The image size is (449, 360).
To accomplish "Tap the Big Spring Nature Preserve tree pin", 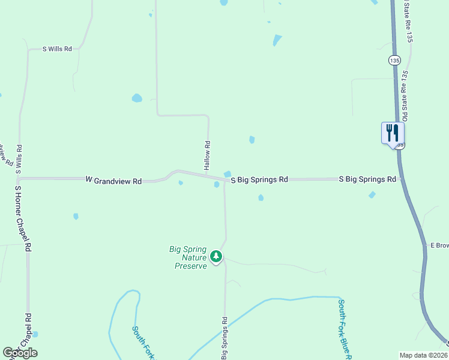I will [x=216, y=257].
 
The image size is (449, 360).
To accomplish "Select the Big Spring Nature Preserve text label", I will [x=188, y=257].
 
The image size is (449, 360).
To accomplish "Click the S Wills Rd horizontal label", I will [x=57, y=49].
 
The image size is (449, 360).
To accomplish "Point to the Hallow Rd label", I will [x=207, y=154].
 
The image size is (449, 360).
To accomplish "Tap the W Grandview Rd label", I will [x=114, y=180].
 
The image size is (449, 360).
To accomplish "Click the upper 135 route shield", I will [x=394, y=61].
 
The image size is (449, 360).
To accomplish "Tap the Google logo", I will [x=20, y=353].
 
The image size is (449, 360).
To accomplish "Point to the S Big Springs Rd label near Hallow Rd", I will [x=259, y=179].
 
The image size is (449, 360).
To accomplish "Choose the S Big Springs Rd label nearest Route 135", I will [x=367, y=179].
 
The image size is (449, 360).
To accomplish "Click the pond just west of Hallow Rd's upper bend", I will [x=137, y=98].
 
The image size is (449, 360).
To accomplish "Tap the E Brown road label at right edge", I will [x=439, y=245].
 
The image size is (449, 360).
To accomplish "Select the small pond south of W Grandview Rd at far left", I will [x=76, y=216].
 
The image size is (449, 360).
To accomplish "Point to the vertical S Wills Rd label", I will [x=19, y=159].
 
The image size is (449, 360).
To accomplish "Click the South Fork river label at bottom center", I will [x=143, y=342].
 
